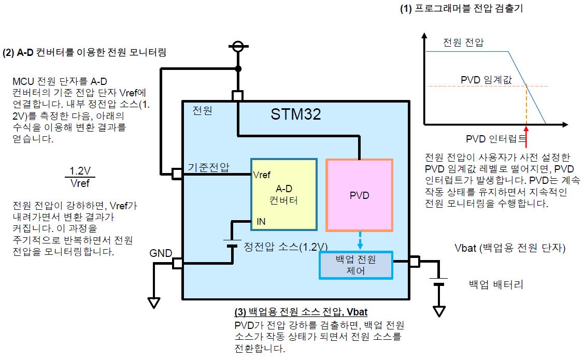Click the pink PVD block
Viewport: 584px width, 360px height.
point(360,195)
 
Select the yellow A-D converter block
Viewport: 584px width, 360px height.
point(284,194)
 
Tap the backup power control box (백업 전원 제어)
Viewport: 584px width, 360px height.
point(355,265)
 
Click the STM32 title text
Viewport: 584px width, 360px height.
point(296,114)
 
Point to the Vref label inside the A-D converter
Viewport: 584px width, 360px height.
point(262,175)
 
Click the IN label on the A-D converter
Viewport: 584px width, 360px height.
point(261,222)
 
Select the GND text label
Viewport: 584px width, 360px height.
point(161,253)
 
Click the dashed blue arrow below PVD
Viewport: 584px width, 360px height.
point(360,240)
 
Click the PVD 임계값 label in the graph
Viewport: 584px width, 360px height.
point(487,80)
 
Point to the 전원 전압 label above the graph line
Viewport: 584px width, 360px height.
point(463,42)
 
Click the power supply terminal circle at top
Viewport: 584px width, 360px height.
point(238,47)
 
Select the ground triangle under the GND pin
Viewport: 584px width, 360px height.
point(154,303)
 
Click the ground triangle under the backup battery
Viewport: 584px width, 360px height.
point(439,311)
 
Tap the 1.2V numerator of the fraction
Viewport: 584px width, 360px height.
point(80,171)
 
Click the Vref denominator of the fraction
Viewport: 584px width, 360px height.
point(80,183)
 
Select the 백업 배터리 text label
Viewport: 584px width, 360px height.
point(496,285)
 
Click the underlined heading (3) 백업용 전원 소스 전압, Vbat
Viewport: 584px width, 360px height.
point(301,312)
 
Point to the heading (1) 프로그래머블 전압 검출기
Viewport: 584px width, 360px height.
point(462,8)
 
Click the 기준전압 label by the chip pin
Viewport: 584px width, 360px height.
point(208,167)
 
